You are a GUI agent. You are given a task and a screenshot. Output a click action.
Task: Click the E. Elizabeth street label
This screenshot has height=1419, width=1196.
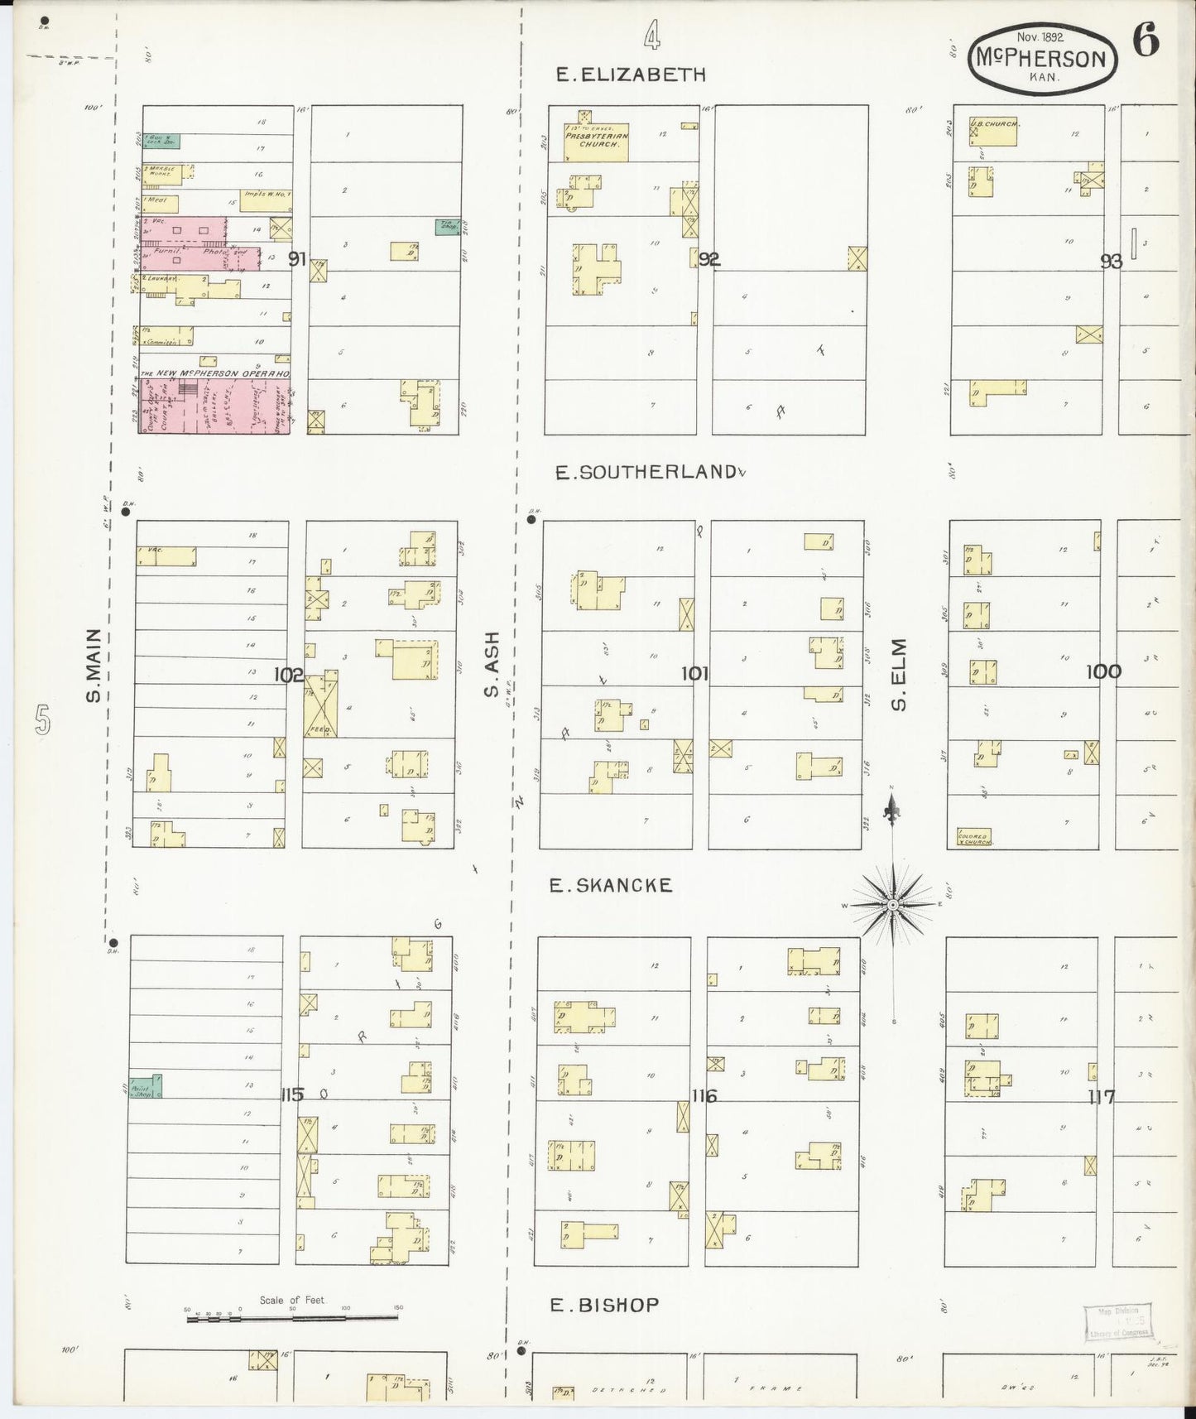tap(631, 75)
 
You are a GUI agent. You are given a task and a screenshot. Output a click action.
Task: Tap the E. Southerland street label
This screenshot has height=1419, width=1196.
tap(646, 472)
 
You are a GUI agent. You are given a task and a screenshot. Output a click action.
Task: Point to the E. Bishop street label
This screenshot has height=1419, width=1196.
tap(605, 1306)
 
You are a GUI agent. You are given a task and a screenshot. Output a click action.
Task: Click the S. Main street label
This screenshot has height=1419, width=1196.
tap(94, 665)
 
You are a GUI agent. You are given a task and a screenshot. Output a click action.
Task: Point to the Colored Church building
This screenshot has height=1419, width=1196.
tap(973, 837)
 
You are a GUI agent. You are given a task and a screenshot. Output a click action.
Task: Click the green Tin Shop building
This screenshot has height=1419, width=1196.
tap(448, 227)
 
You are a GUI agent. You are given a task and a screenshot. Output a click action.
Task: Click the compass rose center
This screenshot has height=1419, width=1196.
tap(892, 906)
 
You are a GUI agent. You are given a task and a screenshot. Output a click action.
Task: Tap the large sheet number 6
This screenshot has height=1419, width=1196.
tap(1146, 41)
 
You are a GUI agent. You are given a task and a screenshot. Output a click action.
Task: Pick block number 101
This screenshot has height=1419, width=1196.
tap(694, 674)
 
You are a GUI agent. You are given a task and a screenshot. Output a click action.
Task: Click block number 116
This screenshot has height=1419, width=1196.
tap(704, 1096)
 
